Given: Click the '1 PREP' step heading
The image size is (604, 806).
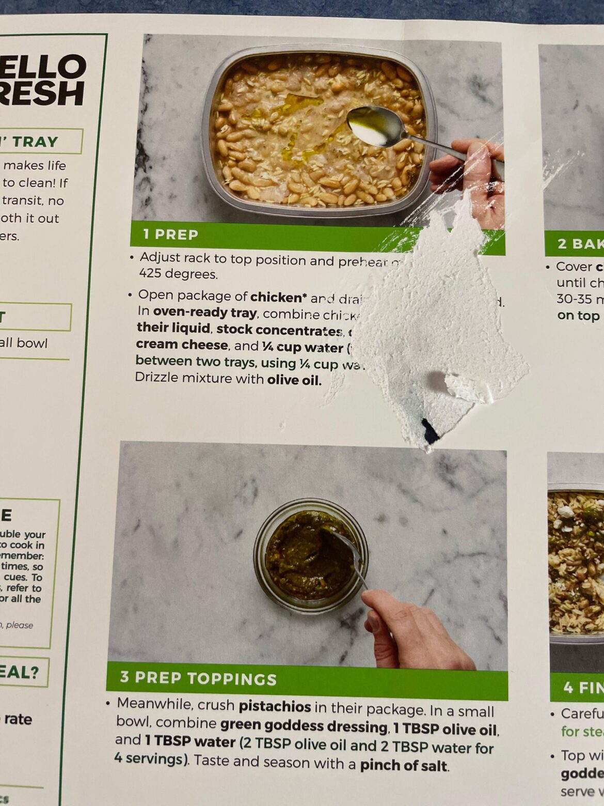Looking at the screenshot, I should pyautogui.click(x=170, y=234).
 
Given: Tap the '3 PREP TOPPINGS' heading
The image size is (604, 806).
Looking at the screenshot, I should pyautogui.click(x=198, y=678).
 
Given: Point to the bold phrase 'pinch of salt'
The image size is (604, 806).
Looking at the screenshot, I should pyautogui.click(x=404, y=765).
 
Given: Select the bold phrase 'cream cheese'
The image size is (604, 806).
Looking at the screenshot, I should pyautogui.click(x=182, y=345).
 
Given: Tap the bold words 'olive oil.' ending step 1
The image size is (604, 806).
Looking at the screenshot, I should pyautogui.click(x=294, y=380).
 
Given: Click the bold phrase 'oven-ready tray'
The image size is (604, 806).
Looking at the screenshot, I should pyautogui.click(x=204, y=313).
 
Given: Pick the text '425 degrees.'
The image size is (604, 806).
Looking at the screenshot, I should pyautogui.click(x=178, y=274).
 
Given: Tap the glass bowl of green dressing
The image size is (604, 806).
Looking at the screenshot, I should pyautogui.click(x=310, y=556).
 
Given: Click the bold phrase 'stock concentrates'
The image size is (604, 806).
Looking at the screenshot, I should pyautogui.click(x=279, y=330).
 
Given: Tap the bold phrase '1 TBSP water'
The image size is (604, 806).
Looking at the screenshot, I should pyautogui.click(x=189, y=741).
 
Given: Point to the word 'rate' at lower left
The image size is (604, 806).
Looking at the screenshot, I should pyautogui.click(x=18, y=719).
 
